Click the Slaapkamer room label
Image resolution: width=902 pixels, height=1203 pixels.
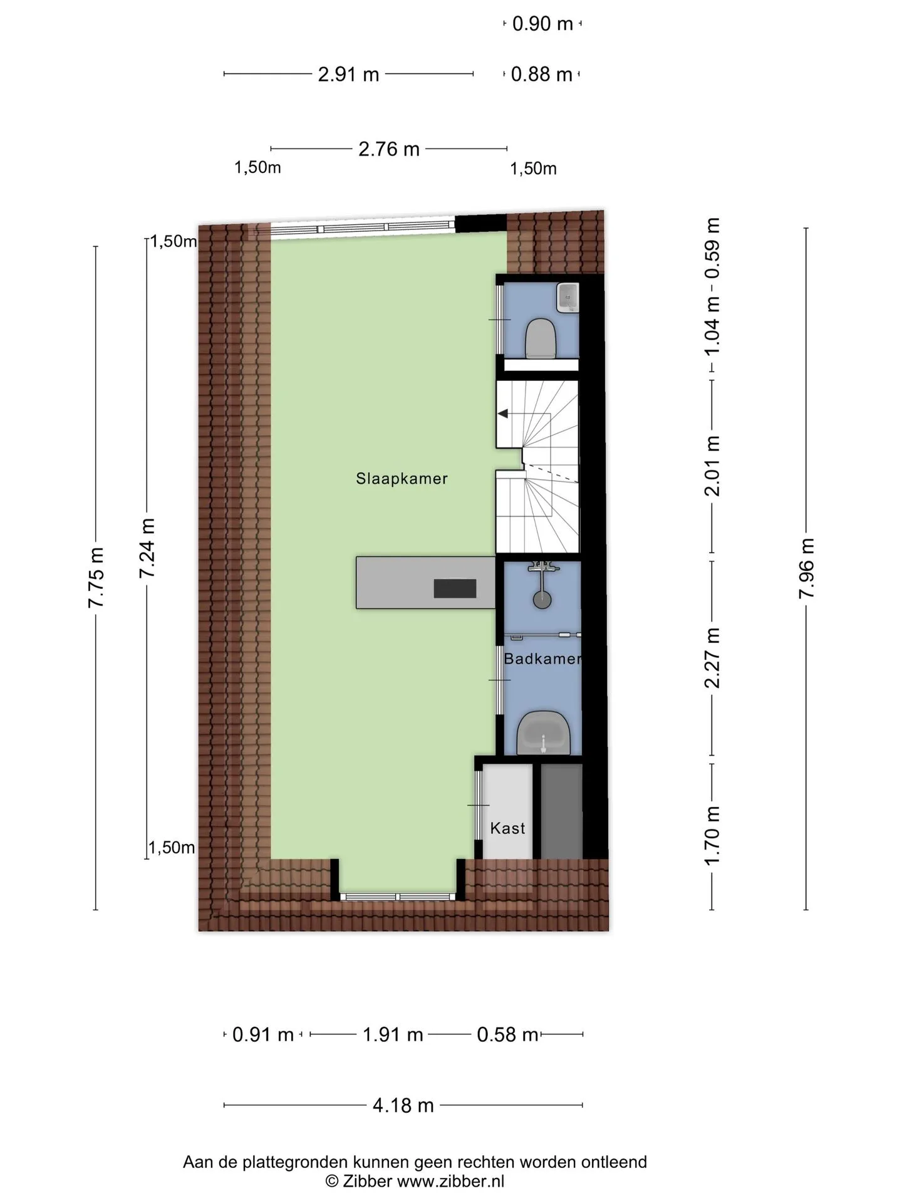tap(402, 479)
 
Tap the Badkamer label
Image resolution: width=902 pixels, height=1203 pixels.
tap(543, 659)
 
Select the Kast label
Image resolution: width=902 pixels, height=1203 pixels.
tap(507, 828)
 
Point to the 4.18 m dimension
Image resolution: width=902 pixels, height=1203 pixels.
tap(403, 1122)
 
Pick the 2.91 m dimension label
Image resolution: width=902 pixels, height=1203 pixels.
tap(348, 75)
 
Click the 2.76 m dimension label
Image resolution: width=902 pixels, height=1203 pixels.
tap(388, 149)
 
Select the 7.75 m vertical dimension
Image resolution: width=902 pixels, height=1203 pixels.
tap(96, 577)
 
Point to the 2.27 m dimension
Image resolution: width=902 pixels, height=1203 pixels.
tap(712, 657)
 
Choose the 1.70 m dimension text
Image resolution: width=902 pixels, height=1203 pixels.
tap(712, 836)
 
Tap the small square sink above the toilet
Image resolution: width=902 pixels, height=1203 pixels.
tap(568, 296)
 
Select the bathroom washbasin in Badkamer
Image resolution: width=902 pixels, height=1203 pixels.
tap(543, 733)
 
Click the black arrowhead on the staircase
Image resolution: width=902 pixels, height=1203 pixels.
tap(503, 414)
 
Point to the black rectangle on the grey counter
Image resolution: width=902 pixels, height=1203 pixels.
tap(455, 588)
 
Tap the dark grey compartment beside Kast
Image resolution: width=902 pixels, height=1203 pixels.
tap(562, 811)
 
